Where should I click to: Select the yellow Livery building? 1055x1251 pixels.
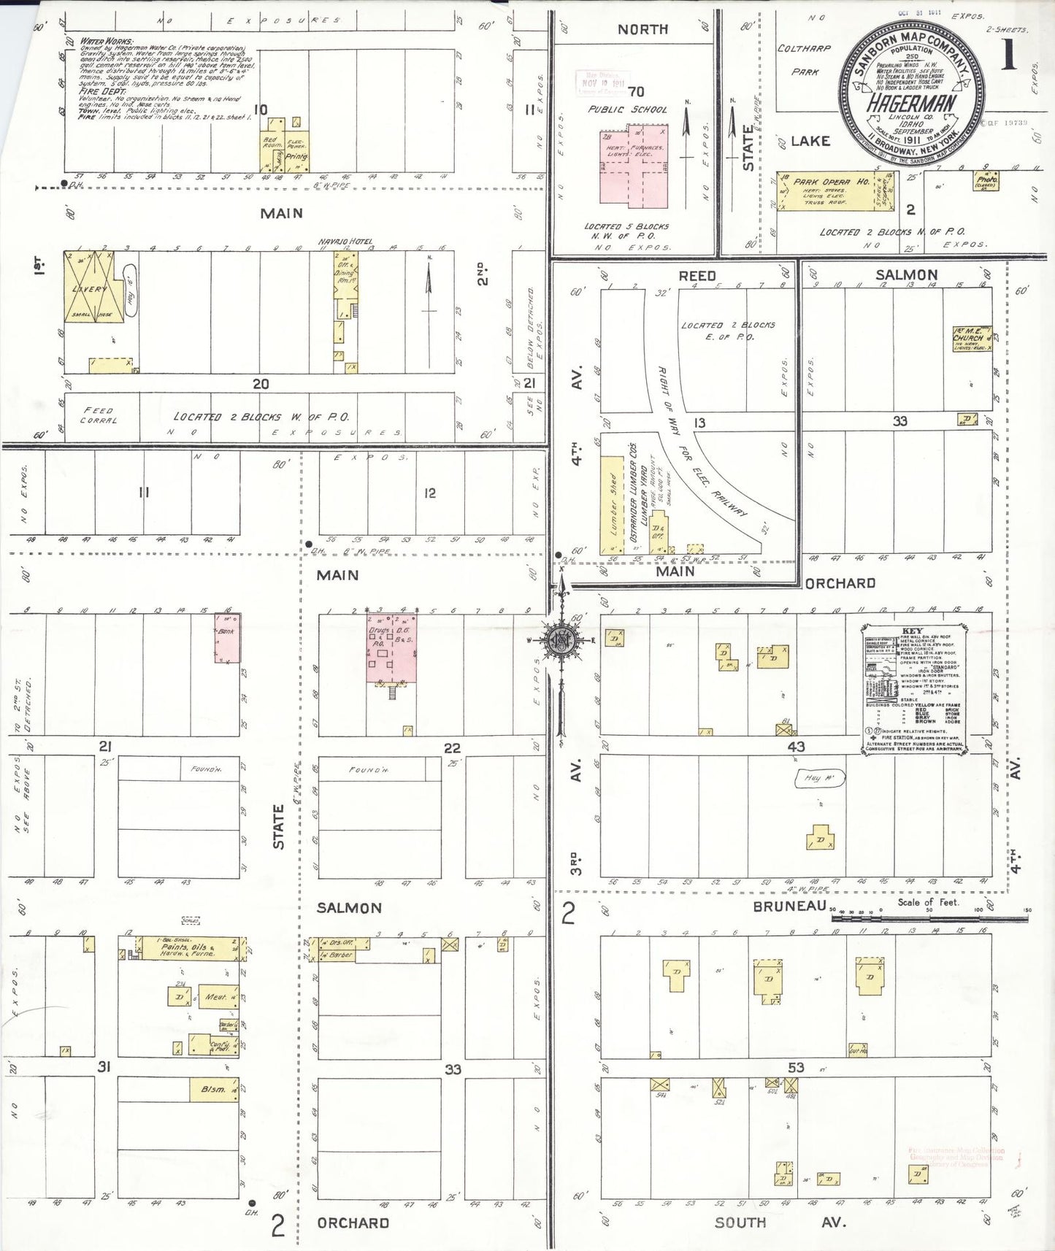tap(88, 287)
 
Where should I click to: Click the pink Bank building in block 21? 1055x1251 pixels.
tap(227, 638)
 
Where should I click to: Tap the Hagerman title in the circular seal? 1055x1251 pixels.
tap(910, 103)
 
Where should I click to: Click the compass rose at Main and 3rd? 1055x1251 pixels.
tap(561, 641)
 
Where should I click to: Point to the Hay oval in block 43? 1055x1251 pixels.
tap(819, 779)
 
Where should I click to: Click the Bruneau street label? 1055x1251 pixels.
tap(789, 906)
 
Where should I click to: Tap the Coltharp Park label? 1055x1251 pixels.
tap(804, 60)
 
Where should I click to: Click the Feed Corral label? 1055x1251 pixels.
tap(99, 415)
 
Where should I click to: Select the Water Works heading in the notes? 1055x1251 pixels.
tap(107, 42)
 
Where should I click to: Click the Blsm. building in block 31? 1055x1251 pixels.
tap(214, 1089)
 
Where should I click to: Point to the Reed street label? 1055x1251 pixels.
tap(697, 276)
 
